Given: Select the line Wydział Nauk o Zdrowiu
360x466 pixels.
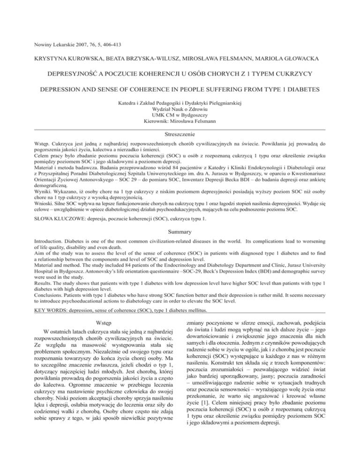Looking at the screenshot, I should pyautogui.click(x=180, y=108).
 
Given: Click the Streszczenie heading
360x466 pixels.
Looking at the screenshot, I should pyautogui.click(x=180, y=134).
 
